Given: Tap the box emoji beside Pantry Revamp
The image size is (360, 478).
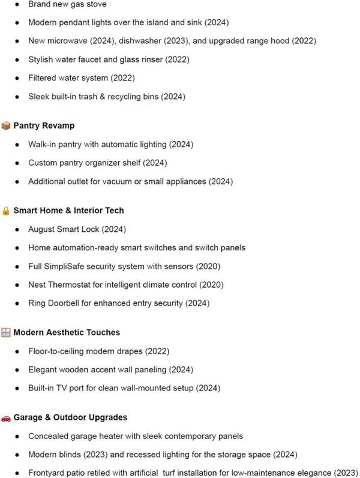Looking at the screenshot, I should [6, 126].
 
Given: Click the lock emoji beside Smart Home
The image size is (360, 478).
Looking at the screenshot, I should [6, 211].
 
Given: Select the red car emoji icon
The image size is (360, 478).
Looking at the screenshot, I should [6, 417].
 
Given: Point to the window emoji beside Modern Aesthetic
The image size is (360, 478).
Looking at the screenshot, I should [6, 332].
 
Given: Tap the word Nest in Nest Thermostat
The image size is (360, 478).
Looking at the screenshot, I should [38, 285].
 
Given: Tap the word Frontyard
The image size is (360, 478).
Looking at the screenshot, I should [49, 473].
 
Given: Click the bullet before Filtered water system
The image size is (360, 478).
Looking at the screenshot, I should [17, 78].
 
